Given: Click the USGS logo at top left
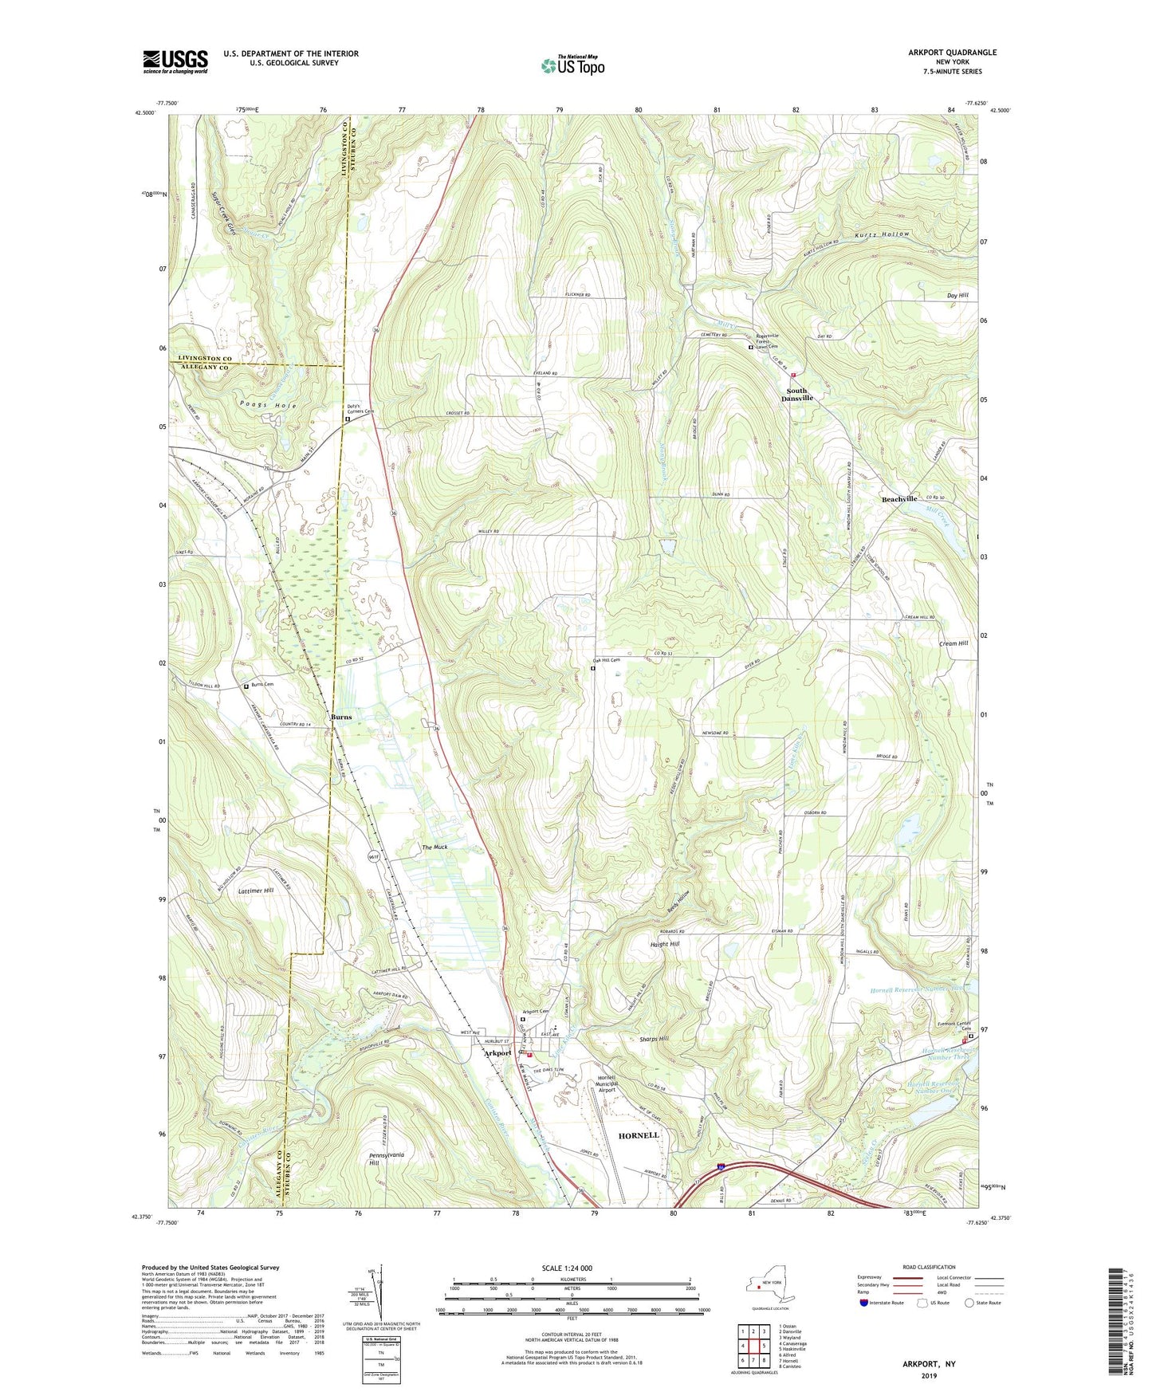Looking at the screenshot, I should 175,61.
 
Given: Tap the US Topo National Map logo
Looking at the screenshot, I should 572,65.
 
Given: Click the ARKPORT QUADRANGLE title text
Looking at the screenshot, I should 952,53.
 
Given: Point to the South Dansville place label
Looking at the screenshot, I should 796,394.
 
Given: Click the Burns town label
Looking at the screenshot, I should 340,717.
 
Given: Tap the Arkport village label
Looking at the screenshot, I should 498,1052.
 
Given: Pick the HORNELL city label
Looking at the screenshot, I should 639,1134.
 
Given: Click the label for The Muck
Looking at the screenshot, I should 434,847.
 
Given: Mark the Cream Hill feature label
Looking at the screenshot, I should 953,643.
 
